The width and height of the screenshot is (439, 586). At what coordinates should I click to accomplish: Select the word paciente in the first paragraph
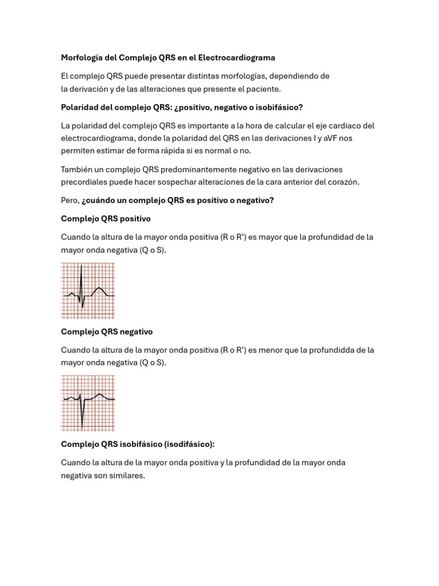[x=264, y=89]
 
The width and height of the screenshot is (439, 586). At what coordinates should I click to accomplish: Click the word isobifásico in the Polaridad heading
[x=277, y=107]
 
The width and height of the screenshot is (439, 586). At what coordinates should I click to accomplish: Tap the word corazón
[x=342, y=182]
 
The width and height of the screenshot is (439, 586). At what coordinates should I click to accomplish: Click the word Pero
[x=69, y=200]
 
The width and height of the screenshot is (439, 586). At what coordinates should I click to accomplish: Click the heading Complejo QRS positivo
[x=106, y=219]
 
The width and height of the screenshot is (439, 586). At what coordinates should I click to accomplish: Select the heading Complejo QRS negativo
[x=107, y=331]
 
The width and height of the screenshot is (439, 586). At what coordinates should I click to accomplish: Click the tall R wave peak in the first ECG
[x=81, y=266]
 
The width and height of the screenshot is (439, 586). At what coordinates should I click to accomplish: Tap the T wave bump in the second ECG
[x=100, y=394]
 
